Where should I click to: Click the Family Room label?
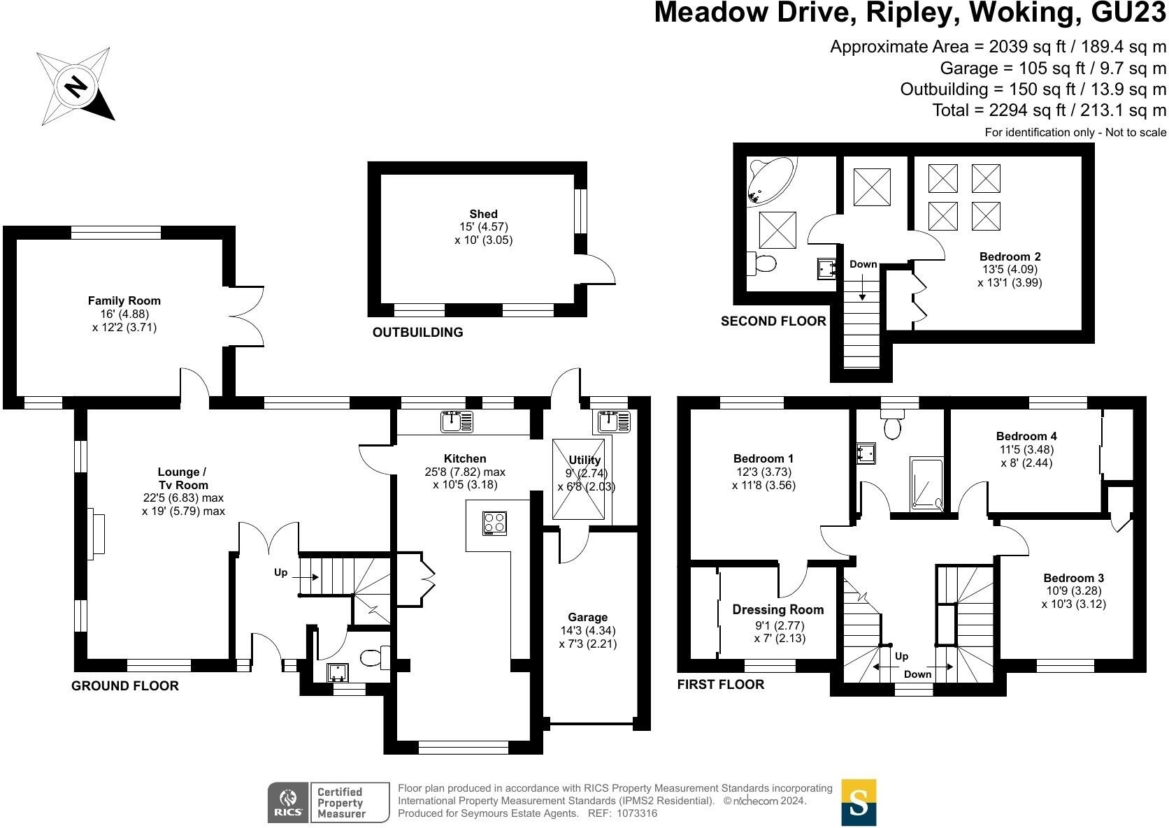click(124, 300)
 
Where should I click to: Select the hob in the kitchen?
click(494, 523)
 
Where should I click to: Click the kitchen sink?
click(457, 422)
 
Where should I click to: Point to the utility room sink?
click(614, 422)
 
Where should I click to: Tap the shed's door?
click(596, 270)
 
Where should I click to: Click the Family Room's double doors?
click(248, 316)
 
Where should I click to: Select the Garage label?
click(587, 617)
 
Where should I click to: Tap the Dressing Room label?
click(777, 609)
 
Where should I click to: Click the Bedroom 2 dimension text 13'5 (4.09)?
click(1010, 269)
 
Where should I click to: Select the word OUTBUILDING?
click(417, 333)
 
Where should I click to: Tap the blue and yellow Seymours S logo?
click(859, 802)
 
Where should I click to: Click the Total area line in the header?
click(1049, 110)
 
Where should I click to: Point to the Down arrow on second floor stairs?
click(863, 286)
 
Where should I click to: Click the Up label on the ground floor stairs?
click(280, 572)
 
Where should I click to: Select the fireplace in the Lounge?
click(96, 533)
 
